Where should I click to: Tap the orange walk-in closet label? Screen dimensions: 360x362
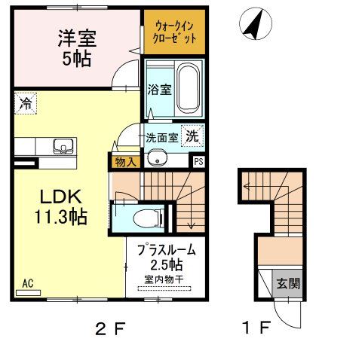pyautogui.click(x=174, y=32)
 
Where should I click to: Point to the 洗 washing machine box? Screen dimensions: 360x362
pyautogui.click(x=193, y=137)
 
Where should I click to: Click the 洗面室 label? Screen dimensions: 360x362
pyautogui.click(x=161, y=138)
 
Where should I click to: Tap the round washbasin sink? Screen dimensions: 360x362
pyautogui.click(x=157, y=158)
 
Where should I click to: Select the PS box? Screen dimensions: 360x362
pyautogui.click(x=198, y=160)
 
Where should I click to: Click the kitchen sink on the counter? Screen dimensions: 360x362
pyautogui.click(x=43, y=145)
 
